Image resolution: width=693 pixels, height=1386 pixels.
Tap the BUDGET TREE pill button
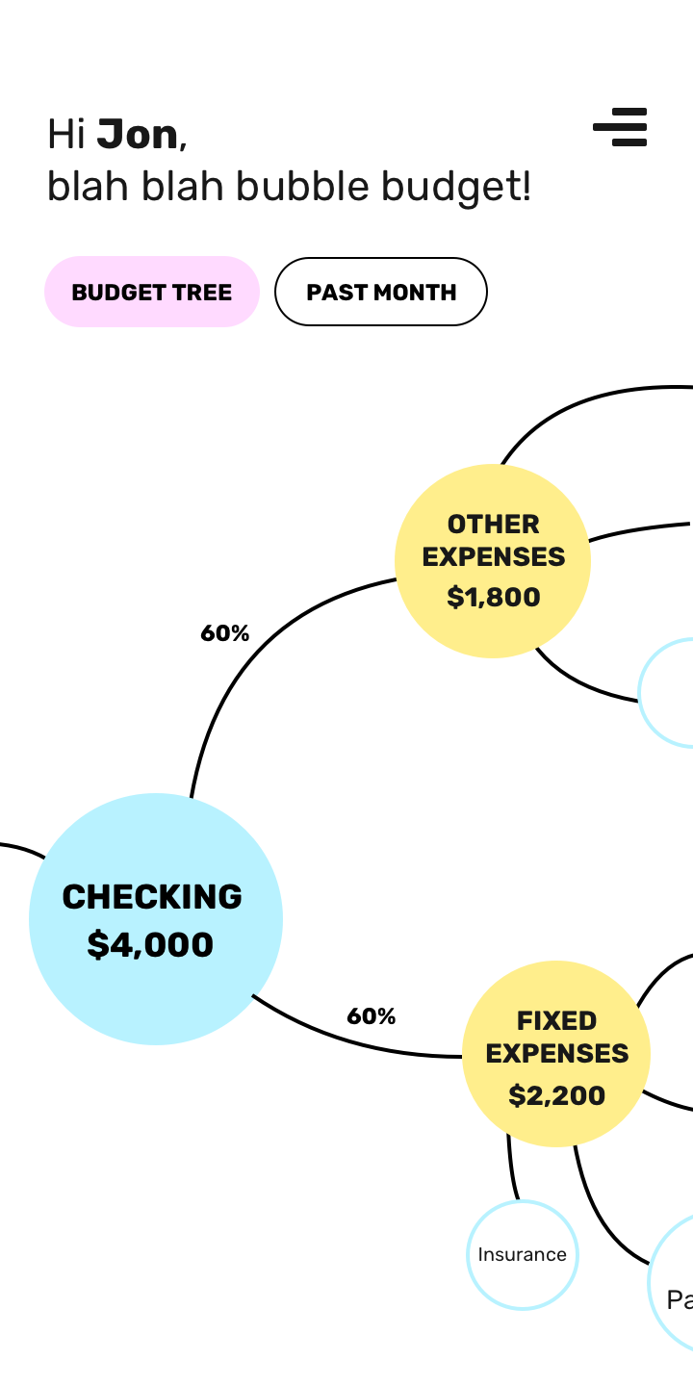[152, 292]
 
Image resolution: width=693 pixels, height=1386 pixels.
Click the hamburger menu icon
[621, 127]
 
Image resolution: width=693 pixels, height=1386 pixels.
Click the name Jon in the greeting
[138, 135]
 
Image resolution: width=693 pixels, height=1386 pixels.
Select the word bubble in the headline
[302, 186]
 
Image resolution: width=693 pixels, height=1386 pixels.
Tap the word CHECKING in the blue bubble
[152, 896]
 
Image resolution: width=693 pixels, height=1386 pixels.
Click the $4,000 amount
[150, 944]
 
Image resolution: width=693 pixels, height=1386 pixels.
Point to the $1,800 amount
[494, 597]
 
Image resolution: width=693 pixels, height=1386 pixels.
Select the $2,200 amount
[556, 1095]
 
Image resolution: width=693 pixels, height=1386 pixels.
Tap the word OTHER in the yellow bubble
[493, 525]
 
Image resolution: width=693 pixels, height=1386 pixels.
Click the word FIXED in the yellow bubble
[556, 1020]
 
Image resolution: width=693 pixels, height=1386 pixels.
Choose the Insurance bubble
[523, 1254]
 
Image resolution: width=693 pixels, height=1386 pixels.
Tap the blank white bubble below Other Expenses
[670, 692]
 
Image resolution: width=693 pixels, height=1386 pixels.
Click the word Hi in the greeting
[67, 135]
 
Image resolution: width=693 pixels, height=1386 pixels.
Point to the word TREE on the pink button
[202, 293]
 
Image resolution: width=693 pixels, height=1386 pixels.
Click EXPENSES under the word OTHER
[493, 557]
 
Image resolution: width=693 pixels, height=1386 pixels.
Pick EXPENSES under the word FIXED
[556, 1054]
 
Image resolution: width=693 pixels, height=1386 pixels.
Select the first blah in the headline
[88, 186]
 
